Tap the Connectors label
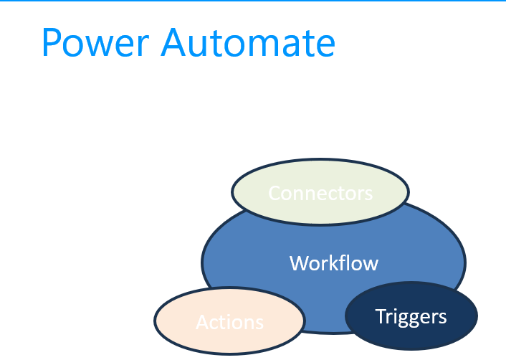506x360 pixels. coord(320,193)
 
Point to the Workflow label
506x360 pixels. coord(334,263)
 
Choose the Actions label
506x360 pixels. coord(230,323)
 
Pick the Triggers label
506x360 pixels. coord(411,316)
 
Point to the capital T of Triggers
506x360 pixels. coord(380,316)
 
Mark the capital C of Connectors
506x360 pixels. coord(275,193)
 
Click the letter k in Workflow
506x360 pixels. coord(336,263)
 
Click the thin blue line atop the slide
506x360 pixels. coord(253,1)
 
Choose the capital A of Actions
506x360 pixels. coord(202,323)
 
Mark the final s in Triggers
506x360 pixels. coord(443,318)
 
